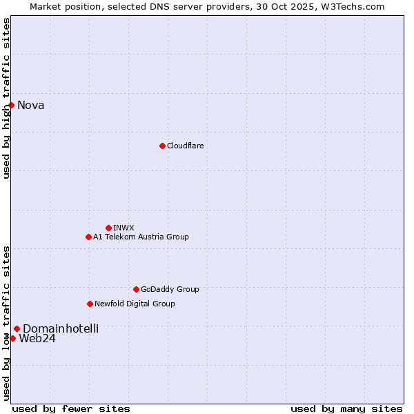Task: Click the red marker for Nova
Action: point(12,105)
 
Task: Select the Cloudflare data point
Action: point(162,146)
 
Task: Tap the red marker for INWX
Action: point(108,228)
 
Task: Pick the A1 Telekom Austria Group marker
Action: point(88,237)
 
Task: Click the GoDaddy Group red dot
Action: point(136,289)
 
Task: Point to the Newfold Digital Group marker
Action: point(90,304)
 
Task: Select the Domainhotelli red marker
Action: point(17,328)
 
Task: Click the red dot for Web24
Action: point(12,338)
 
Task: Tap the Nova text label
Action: point(31,106)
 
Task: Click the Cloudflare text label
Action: point(186,146)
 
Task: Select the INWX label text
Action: point(124,228)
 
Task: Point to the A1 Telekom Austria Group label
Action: point(141,237)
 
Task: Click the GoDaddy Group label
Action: point(170,290)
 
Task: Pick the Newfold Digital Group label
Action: point(135,304)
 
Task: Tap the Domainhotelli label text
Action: point(61,329)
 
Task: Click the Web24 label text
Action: point(37,339)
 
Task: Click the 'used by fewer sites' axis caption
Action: point(71,408)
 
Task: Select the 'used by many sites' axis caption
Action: point(346,408)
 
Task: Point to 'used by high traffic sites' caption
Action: point(7,98)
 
